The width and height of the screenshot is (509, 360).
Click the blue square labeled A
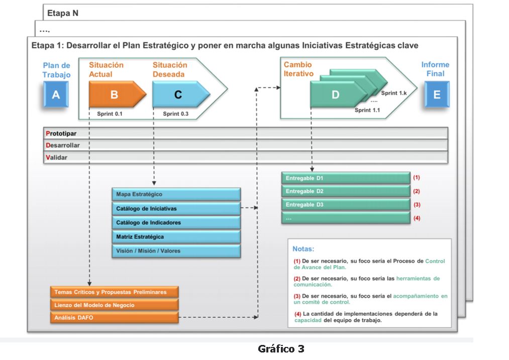(x=56, y=94)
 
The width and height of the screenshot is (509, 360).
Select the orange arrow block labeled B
(x=115, y=94)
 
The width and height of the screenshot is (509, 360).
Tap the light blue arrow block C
(x=178, y=94)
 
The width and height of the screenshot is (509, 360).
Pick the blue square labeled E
(x=436, y=94)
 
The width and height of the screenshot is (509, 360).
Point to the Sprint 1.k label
(x=393, y=93)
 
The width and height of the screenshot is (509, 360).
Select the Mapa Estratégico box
(x=176, y=194)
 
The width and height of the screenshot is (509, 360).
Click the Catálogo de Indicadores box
(x=176, y=222)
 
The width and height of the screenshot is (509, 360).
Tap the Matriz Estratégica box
(x=176, y=236)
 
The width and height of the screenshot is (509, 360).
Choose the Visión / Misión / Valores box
(x=176, y=251)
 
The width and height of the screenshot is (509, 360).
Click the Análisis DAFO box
(x=114, y=317)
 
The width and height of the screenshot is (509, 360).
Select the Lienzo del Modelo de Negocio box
(x=114, y=305)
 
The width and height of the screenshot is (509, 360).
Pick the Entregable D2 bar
(x=346, y=191)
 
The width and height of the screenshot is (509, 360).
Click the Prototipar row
(x=245, y=134)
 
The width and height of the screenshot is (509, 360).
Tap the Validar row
(x=245, y=157)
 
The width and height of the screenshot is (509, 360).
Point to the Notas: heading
(x=303, y=249)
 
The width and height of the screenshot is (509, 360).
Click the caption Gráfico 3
(x=281, y=348)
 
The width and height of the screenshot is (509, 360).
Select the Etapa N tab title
(x=63, y=13)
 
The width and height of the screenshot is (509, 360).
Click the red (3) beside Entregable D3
(x=417, y=205)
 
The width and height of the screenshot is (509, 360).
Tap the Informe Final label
(x=435, y=69)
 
